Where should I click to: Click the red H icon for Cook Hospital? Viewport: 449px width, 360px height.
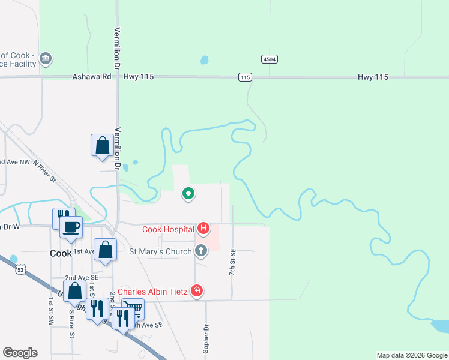[x=203, y=229]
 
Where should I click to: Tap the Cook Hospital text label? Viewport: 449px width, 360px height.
[x=168, y=229]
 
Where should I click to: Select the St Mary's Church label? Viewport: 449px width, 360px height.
[x=160, y=251]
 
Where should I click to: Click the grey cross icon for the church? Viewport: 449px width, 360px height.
[x=201, y=251]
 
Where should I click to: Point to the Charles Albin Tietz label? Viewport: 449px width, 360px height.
[x=153, y=292]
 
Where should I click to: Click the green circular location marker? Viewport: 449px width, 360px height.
[x=188, y=193]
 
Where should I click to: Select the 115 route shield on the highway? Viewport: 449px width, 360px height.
[x=244, y=77]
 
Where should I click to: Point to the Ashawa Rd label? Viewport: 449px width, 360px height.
[x=92, y=77]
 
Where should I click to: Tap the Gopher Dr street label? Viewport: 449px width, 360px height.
[x=206, y=337]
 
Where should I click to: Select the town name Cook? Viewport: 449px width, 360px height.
[x=61, y=254]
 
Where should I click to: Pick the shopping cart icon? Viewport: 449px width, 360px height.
[x=136, y=308]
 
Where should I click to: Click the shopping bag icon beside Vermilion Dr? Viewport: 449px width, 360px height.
[x=102, y=145]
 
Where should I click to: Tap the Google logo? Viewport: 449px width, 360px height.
[x=20, y=353]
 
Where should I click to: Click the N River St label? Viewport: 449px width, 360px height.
[x=44, y=171]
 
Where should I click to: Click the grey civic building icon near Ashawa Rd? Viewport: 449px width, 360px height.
[x=46, y=59]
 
